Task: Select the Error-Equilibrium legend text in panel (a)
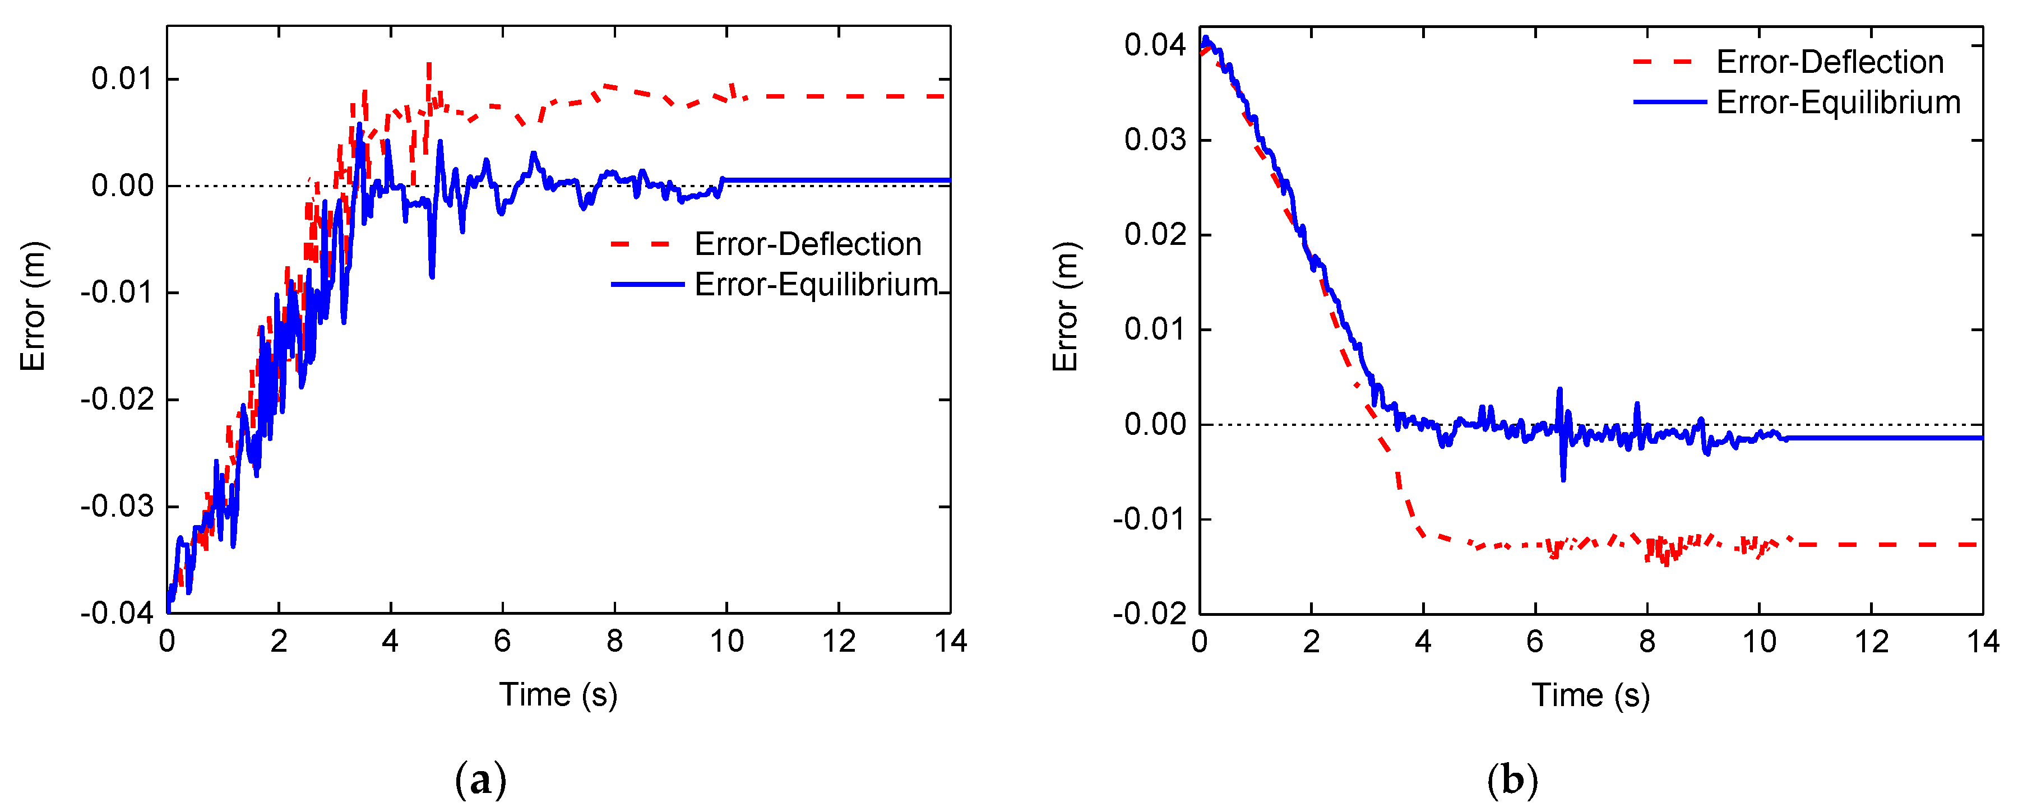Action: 816,284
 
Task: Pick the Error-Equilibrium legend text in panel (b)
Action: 1838,103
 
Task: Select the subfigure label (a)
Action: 480,780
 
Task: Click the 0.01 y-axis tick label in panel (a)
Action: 122,78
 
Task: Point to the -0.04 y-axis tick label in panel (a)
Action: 118,613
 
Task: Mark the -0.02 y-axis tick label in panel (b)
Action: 1150,613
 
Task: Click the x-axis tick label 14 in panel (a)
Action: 950,641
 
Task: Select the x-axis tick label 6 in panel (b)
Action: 1535,641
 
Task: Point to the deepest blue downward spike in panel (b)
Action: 1563,479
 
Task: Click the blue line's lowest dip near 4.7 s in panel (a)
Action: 432,276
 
